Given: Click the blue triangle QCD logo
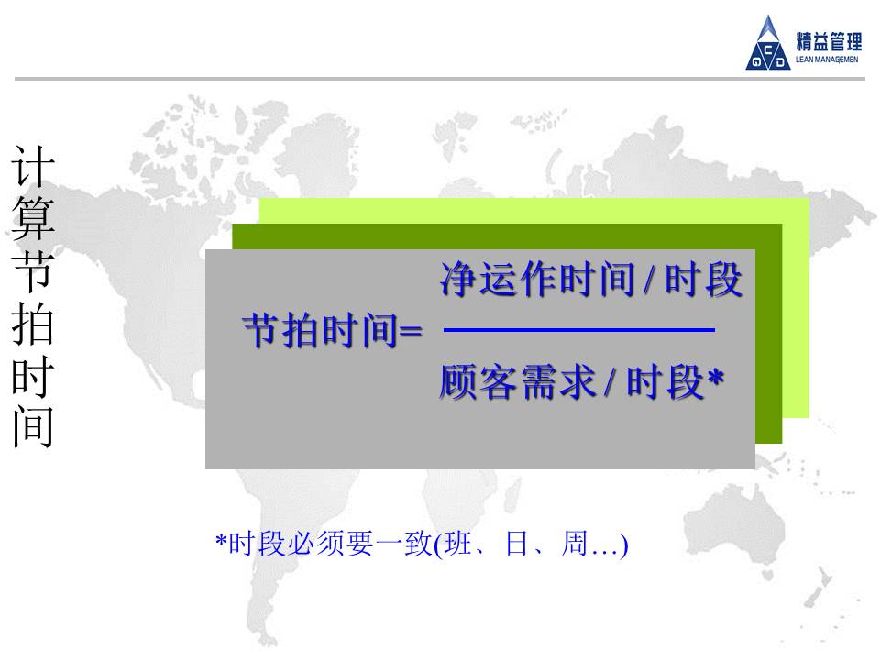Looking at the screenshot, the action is [x=768, y=44].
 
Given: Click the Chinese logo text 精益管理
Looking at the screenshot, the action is [x=829, y=41].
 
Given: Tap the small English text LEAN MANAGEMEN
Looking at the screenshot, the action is [x=827, y=60].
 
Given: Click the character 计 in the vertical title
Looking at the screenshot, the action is [x=33, y=166].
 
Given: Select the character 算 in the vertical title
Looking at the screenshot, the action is [x=33, y=218].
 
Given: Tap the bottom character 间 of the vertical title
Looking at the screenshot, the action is [x=33, y=426].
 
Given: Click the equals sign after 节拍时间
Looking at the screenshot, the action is [x=410, y=332].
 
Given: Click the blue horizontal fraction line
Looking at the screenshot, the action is [x=578, y=330].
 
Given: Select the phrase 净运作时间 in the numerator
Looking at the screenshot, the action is [x=537, y=279].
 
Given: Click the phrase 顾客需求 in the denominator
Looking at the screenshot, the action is [x=517, y=382].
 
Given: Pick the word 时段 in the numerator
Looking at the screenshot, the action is [x=704, y=279].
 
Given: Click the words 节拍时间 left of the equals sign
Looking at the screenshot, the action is [x=321, y=331].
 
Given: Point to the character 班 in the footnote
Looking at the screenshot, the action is [x=457, y=544].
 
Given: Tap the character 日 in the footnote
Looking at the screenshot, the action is [x=516, y=544].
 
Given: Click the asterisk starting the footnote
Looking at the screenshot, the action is [x=221, y=541].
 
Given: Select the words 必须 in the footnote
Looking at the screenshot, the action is [x=315, y=544].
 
